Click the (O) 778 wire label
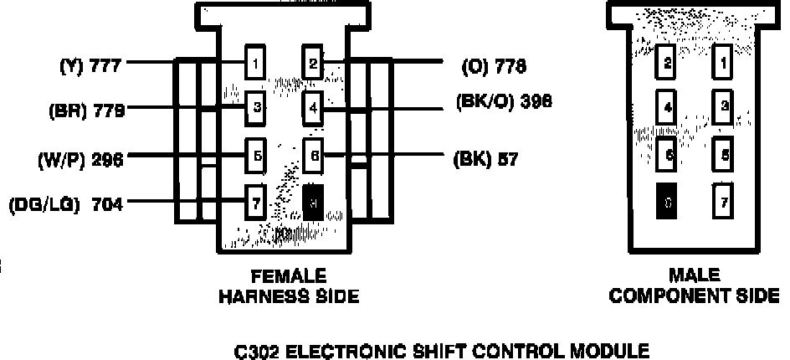(494, 64)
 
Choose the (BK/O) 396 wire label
(504, 102)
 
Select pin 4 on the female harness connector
(312, 107)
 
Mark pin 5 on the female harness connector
(256, 155)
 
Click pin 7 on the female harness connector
(256, 201)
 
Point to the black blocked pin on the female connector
(312, 201)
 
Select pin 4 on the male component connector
(667, 107)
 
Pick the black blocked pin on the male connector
(667, 201)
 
